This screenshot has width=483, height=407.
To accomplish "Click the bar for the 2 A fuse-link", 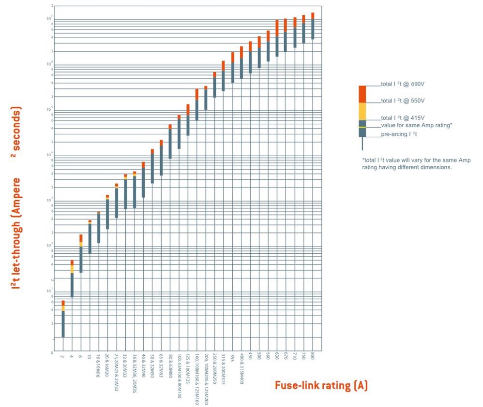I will tap(63, 319).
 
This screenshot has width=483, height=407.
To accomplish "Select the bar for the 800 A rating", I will tap(313, 26).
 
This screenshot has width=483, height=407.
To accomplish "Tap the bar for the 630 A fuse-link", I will tap(277, 39).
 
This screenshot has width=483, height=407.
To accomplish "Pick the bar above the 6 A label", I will tap(81, 254).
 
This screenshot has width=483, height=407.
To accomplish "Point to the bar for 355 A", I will tap(232, 68).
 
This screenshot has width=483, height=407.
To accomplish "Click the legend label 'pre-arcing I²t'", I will tap(399, 134).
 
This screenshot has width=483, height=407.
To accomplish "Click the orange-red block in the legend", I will tap(362, 94).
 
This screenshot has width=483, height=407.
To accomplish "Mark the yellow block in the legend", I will tap(362, 112).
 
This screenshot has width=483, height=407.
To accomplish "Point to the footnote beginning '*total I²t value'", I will tap(416, 164).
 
